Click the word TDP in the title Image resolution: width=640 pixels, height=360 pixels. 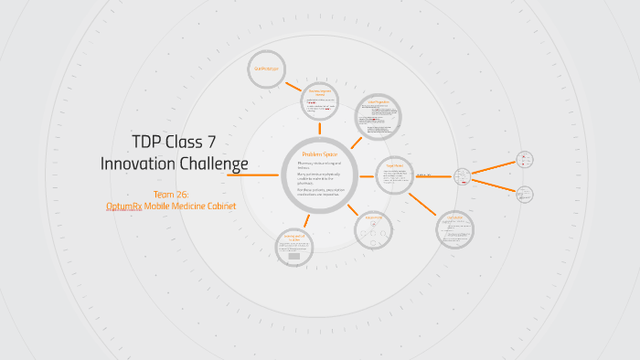pyautogui.click(x=150, y=143)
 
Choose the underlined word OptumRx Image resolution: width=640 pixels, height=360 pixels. pyautogui.click(x=123, y=206)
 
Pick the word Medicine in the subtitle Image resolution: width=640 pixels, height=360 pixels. pyautogui.click(x=180, y=206)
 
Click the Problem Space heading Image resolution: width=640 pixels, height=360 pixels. pyautogui.click(x=320, y=154)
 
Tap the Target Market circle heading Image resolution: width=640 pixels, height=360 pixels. pyautogui.click(x=394, y=165)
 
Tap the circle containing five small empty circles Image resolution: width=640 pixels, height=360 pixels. pyautogui.click(x=372, y=228)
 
